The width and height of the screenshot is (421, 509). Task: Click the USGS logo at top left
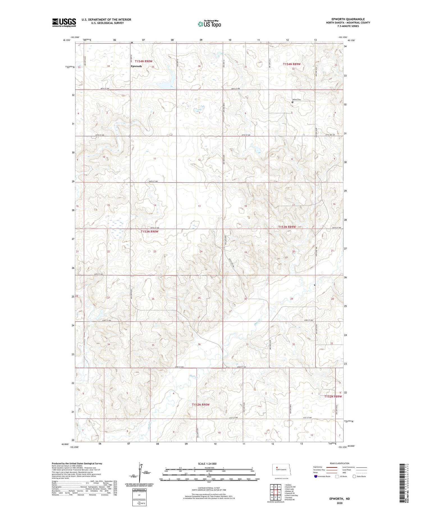coord(64,22)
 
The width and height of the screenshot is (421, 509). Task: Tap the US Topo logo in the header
coord(209,24)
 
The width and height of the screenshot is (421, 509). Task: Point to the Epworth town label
coord(136,66)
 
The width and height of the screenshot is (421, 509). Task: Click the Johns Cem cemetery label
coord(297,99)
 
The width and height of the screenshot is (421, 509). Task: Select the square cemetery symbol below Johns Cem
coord(292,102)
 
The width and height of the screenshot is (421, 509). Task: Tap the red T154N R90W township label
coord(143,61)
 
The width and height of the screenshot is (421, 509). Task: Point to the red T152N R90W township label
coord(201,405)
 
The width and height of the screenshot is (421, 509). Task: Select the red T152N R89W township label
coord(333,396)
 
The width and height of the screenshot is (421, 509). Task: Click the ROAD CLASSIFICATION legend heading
coord(340,463)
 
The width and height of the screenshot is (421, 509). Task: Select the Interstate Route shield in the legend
coord(316,476)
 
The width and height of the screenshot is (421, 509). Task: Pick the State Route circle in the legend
coord(354,476)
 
